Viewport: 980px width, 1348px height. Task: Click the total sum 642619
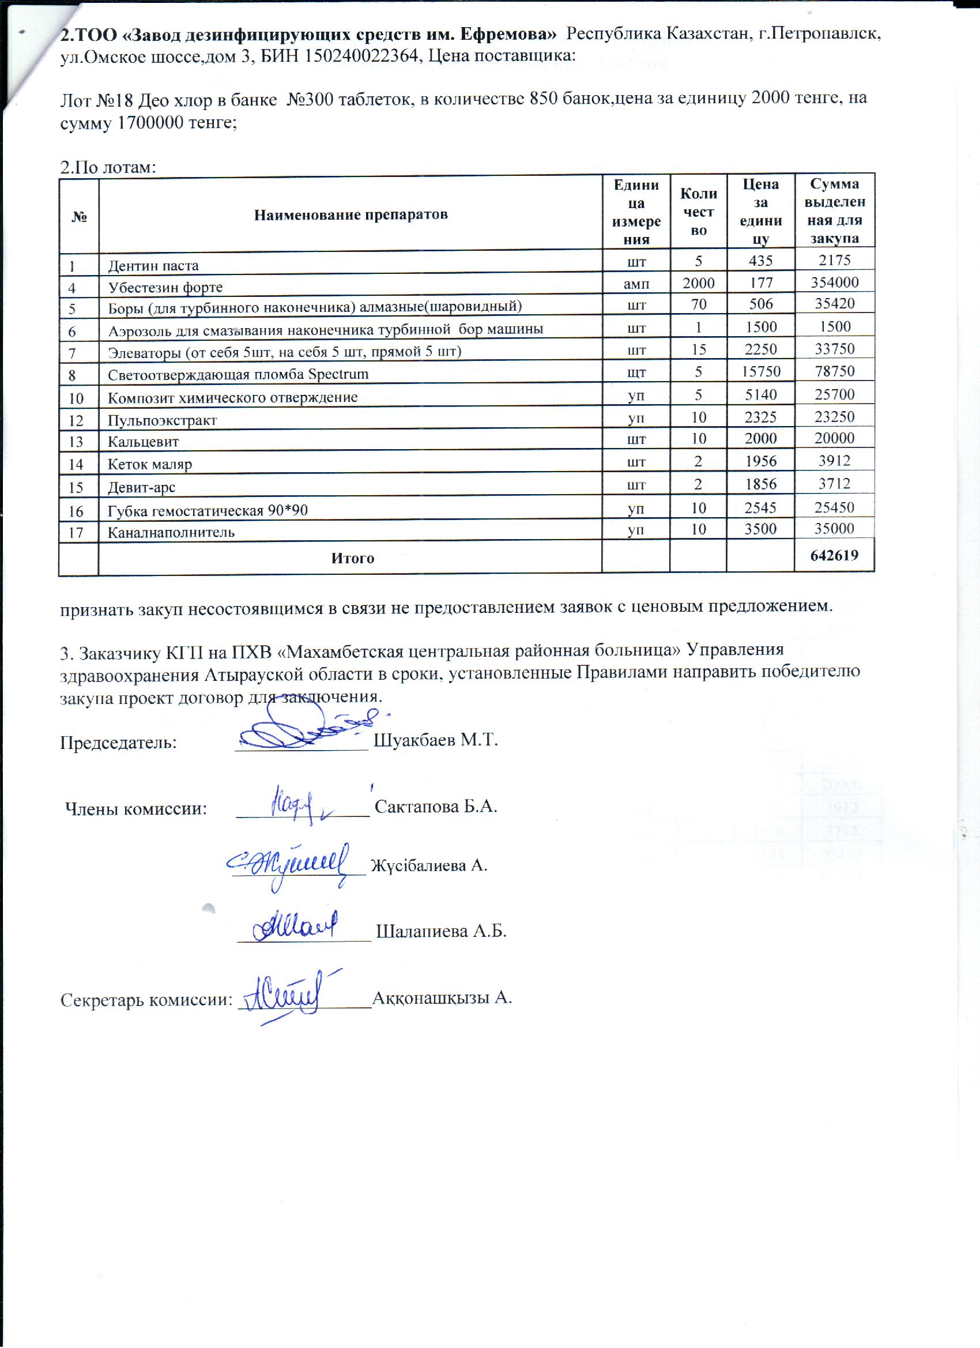pyautogui.click(x=834, y=556)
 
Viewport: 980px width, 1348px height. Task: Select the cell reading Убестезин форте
pyautogui.click(x=165, y=288)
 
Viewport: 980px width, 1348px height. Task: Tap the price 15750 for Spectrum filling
pyautogui.click(x=761, y=371)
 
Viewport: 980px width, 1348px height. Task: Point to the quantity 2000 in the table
pyautogui.click(x=698, y=283)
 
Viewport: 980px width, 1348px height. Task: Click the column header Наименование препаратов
pyautogui.click(x=350, y=214)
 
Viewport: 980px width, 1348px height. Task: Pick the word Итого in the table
pyautogui.click(x=352, y=558)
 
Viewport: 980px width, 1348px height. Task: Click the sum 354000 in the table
pyautogui.click(x=834, y=282)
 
